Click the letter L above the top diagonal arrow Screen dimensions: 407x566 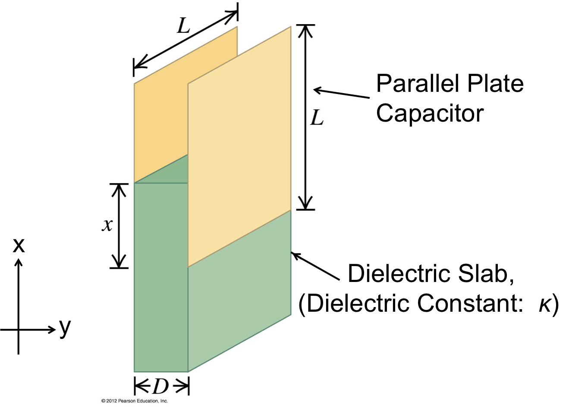[183, 27]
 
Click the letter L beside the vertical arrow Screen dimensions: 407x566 [317, 117]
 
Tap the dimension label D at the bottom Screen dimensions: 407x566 [160, 387]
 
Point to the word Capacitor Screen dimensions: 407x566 [430, 113]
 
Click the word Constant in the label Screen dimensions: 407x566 [468, 304]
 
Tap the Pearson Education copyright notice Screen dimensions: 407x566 [134, 401]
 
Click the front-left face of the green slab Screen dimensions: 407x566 [160, 276]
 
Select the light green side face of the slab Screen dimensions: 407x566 [239, 302]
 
